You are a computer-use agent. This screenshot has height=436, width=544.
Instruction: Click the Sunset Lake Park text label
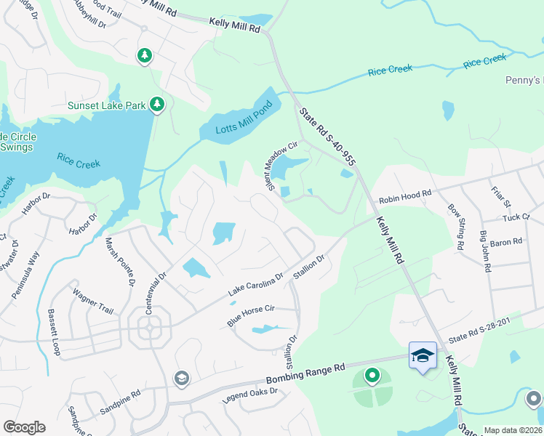point(108,105)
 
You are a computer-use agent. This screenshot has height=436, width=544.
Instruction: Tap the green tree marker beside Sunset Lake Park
point(157,105)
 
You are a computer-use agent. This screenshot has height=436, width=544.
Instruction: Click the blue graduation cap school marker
point(423,355)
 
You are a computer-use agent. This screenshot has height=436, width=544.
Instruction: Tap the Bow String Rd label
point(456,227)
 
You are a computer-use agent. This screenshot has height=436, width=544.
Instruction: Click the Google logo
point(24,427)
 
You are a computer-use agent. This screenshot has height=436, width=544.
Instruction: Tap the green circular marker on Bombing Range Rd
point(372,376)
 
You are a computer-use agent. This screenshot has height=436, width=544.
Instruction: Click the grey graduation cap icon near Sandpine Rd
point(180,378)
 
